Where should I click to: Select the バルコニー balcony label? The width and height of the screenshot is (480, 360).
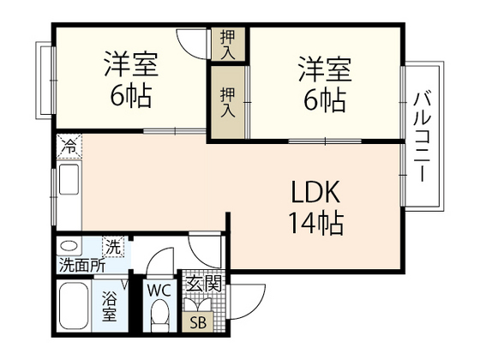pyautogui.click(x=422, y=135)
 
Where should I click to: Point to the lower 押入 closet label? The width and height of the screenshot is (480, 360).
pyautogui.click(x=228, y=100)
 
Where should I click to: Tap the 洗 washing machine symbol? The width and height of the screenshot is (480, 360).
pyautogui.click(x=113, y=247)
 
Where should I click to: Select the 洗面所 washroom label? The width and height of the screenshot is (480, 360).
pyautogui.click(x=82, y=265)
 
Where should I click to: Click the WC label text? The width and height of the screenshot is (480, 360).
pyautogui.click(x=159, y=289)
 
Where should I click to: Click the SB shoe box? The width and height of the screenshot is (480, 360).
pyautogui.click(x=198, y=322)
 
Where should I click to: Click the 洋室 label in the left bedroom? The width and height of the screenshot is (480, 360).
pyautogui.click(x=129, y=64)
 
